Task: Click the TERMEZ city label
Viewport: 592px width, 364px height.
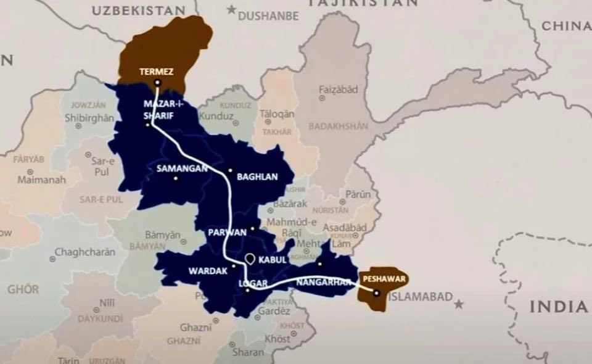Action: (156, 72)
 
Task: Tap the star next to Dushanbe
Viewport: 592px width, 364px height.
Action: (231, 9)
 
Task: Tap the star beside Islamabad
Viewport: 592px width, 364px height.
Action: (459, 304)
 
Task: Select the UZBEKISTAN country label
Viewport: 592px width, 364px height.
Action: (138, 10)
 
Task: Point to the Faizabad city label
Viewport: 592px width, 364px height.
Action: (338, 89)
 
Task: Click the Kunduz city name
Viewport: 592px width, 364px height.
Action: (218, 116)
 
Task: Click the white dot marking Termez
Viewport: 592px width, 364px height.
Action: (157, 83)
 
